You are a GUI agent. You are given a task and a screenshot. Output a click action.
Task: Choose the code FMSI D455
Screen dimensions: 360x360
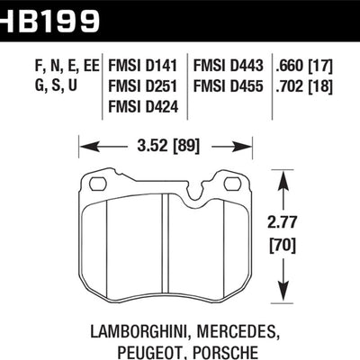pos(226,88)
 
